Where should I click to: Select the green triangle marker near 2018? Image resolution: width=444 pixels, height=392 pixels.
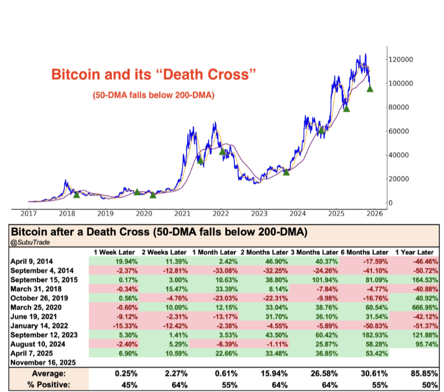[77, 194]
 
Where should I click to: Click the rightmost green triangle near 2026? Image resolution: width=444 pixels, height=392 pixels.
[370, 89]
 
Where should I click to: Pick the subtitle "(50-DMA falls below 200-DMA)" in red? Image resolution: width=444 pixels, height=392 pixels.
[153, 95]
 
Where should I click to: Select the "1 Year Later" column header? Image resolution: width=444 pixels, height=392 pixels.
[413, 252]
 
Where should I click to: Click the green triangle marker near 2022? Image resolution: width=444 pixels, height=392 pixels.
[222, 152]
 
